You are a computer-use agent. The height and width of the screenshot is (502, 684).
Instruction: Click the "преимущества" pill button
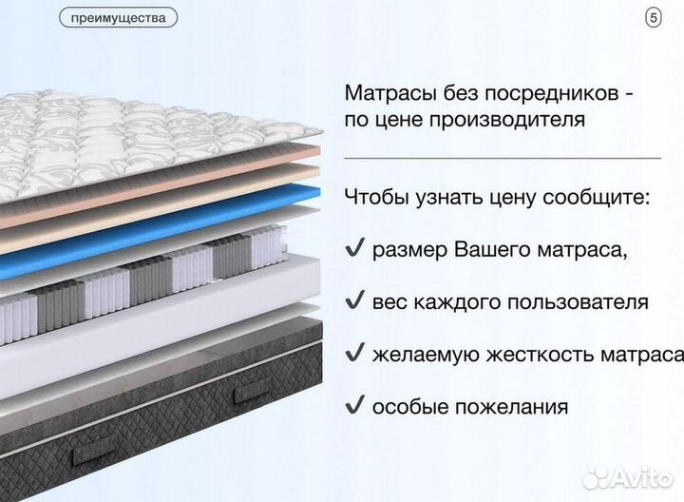click(x=118, y=17)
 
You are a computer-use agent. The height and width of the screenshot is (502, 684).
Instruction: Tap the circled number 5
click(x=652, y=17)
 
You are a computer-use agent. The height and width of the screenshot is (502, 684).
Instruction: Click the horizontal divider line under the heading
click(x=502, y=158)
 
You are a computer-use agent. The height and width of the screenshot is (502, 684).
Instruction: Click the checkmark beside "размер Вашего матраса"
click(x=354, y=250)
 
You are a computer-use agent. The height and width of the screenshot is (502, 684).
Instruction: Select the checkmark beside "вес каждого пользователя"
click(x=354, y=301)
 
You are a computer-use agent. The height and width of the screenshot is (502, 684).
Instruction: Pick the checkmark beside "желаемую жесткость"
click(x=354, y=354)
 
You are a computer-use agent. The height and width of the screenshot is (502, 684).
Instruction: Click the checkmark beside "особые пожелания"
click(x=354, y=406)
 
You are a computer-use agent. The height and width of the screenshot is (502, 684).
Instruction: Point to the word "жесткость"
click(x=536, y=355)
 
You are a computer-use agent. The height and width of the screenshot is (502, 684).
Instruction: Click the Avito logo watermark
click(x=628, y=477)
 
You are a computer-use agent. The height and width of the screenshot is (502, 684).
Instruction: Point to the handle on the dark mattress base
click(x=253, y=388)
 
